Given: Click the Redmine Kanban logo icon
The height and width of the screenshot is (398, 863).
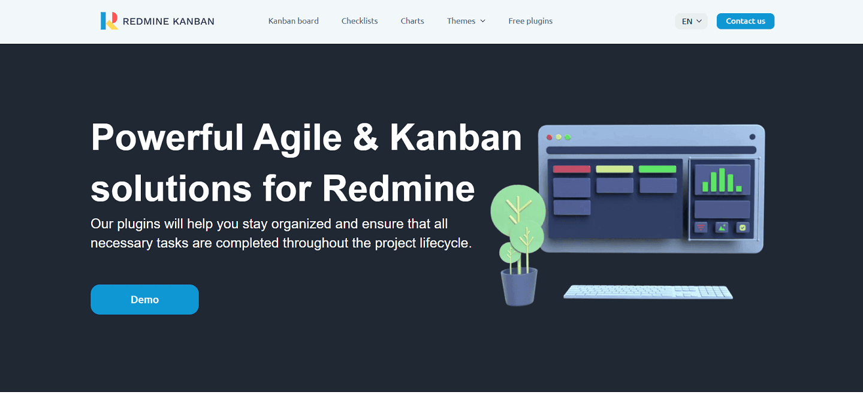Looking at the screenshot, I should coord(109,21).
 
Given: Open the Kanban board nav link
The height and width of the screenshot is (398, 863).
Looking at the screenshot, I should coord(293,21).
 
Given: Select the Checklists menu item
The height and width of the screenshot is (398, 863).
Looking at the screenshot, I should coord(360,21).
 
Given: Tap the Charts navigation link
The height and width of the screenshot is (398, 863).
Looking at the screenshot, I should coord(412,21).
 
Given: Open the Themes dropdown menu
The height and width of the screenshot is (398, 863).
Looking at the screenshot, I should coord(466,21).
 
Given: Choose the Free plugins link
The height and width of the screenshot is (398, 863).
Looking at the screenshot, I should coord(530,21).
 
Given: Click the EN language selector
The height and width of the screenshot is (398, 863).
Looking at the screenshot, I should coord(691,21).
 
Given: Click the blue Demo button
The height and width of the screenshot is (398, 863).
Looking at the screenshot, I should coord(144,300).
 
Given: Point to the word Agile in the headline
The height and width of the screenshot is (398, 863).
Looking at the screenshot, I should coord(297,138).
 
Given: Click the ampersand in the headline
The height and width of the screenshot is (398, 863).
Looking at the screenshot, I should coord(366,138).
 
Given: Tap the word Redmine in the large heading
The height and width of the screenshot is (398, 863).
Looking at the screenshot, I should coord(399,188).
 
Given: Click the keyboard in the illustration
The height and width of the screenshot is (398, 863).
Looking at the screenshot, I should coord(648,292).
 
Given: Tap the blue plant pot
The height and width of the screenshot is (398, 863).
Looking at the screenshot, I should coord(519,287).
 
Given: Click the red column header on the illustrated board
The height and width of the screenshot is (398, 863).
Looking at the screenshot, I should coord(571,169).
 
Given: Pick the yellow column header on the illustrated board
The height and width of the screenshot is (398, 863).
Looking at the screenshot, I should coord(614,169).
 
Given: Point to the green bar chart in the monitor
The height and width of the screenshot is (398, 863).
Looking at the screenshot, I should coord(722,180).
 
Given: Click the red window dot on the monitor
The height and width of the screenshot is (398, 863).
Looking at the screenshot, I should coord(550,137).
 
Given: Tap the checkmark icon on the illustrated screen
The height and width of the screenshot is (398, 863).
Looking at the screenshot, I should coord(743,227).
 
